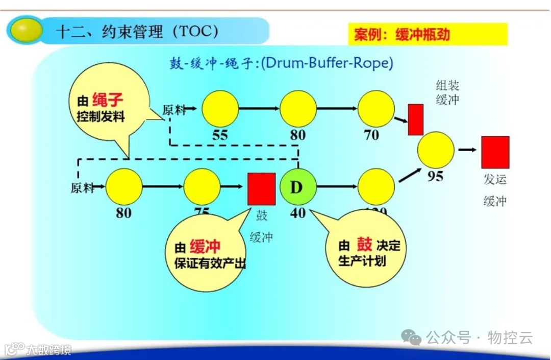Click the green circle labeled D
coord(297,187)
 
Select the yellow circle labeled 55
coord(220,109)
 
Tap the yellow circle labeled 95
coord(436,150)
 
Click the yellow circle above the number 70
coord(376,109)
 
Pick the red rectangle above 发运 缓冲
coord(495,152)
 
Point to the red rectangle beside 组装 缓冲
coord(416,119)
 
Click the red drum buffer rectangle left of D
coord(262,189)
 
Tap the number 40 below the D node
coord(297,212)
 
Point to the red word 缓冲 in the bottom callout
coord(205,248)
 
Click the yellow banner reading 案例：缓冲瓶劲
coord(428,34)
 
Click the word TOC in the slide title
coord(195,32)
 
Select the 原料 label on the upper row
coord(172,109)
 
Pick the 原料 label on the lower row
coord(82,188)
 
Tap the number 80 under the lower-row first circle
coord(123,212)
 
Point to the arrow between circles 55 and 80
coord(259,109)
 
